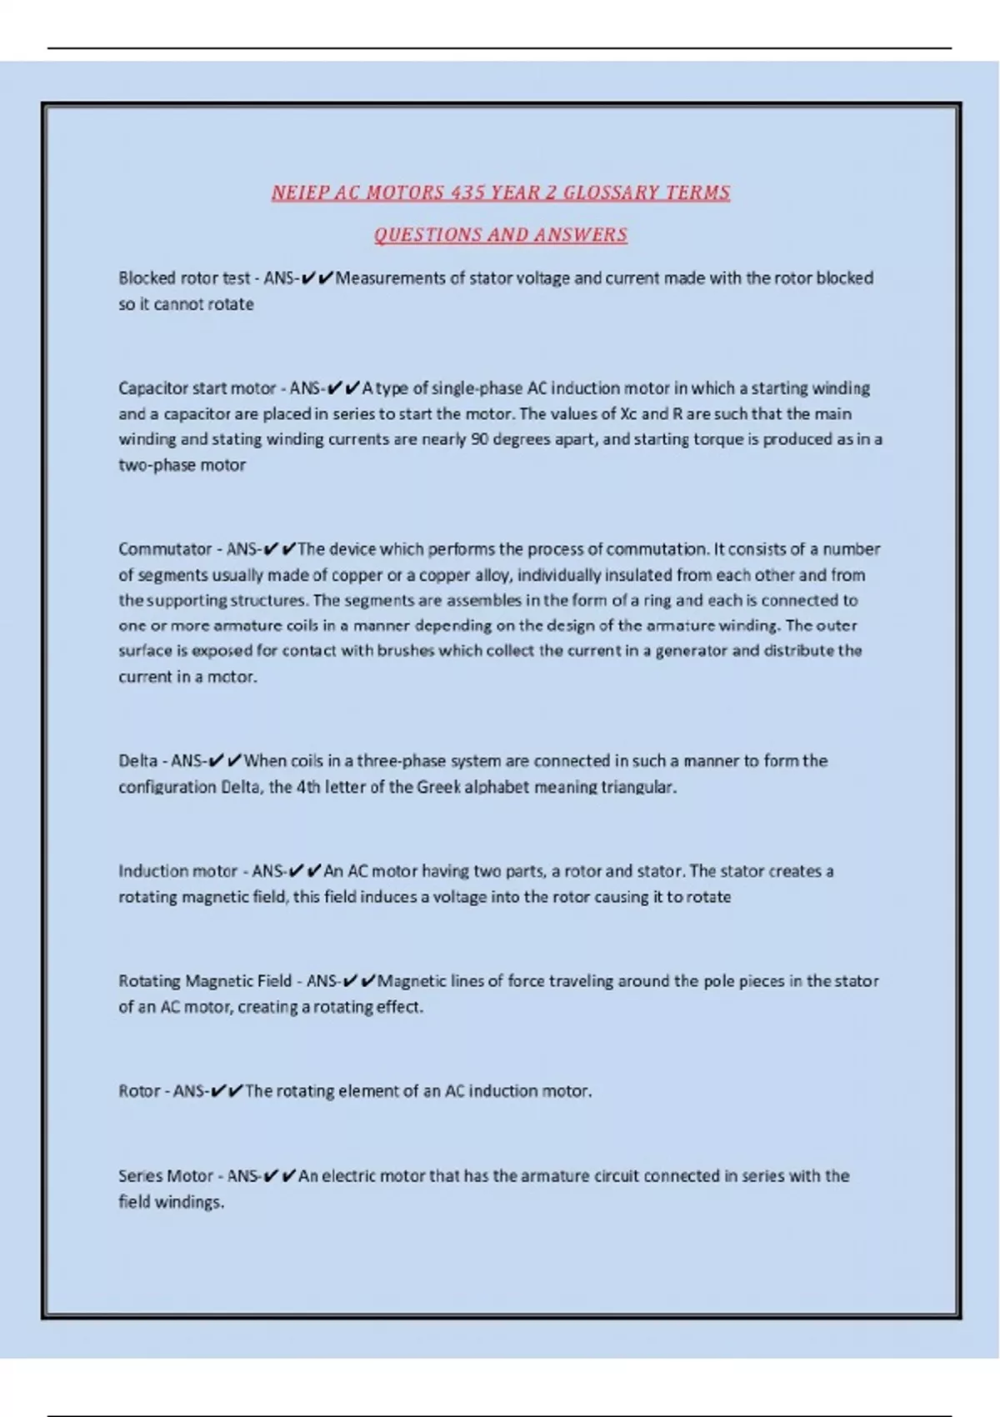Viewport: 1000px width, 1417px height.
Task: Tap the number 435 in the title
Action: pyautogui.click(x=467, y=193)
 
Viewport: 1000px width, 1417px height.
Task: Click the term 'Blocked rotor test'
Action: pyautogui.click(x=184, y=278)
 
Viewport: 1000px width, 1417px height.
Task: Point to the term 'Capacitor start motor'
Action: pyautogui.click(x=197, y=388)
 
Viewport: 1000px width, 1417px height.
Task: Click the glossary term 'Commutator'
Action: pyautogui.click(x=165, y=549)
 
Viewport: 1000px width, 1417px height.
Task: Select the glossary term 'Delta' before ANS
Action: pyautogui.click(x=137, y=761)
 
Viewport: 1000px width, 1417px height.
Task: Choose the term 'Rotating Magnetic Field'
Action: pyautogui.click(x=205, y=981)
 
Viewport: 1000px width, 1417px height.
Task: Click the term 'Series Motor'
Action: pyautogui.click(x=166, y=1176)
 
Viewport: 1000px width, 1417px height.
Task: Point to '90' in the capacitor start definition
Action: pyautogui.click(x=479, y=439)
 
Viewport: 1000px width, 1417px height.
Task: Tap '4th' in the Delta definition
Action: pyautogui.click(x=308, y=787)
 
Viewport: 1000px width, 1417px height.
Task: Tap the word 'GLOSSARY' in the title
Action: pyautogui.click(x=610, y=193)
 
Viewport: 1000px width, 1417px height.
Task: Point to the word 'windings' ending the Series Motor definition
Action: pyautogui.click(x=190, y=1202)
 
